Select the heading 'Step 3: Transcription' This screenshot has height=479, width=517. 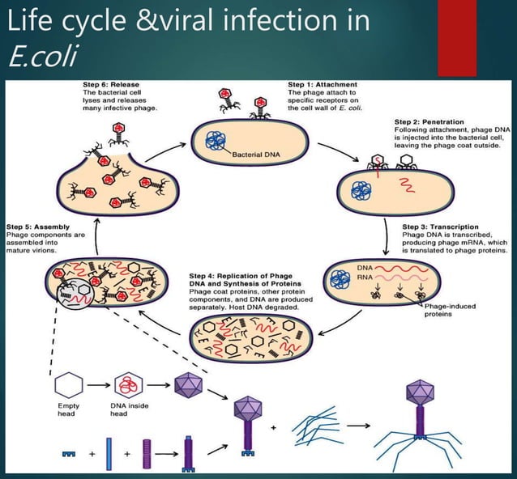click(x=441, y=227)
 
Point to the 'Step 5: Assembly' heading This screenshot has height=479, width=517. click(x=39, y=227)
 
